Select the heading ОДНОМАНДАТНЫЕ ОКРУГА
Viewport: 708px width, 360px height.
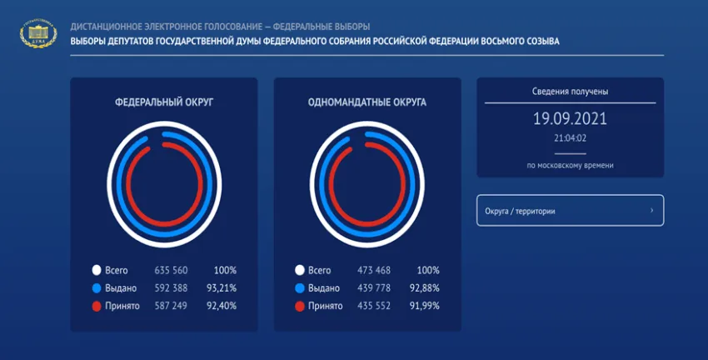(366, 102)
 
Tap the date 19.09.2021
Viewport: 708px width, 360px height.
(570, 118)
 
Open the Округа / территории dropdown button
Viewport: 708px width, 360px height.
(570, 211)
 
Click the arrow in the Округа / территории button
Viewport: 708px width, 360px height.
(651, 211)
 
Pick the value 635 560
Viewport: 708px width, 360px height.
(172, 270)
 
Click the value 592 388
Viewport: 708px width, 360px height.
(172, 288)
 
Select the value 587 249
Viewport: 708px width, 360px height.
(172, 307)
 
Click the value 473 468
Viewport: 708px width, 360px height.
(374, 270)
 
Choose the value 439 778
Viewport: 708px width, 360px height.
(374, 288)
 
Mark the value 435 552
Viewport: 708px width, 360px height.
(374, 307)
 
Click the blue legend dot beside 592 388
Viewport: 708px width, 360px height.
(97, 288)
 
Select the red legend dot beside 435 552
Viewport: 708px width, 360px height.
(299, 307)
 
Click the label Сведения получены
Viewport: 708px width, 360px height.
(570, 91)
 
